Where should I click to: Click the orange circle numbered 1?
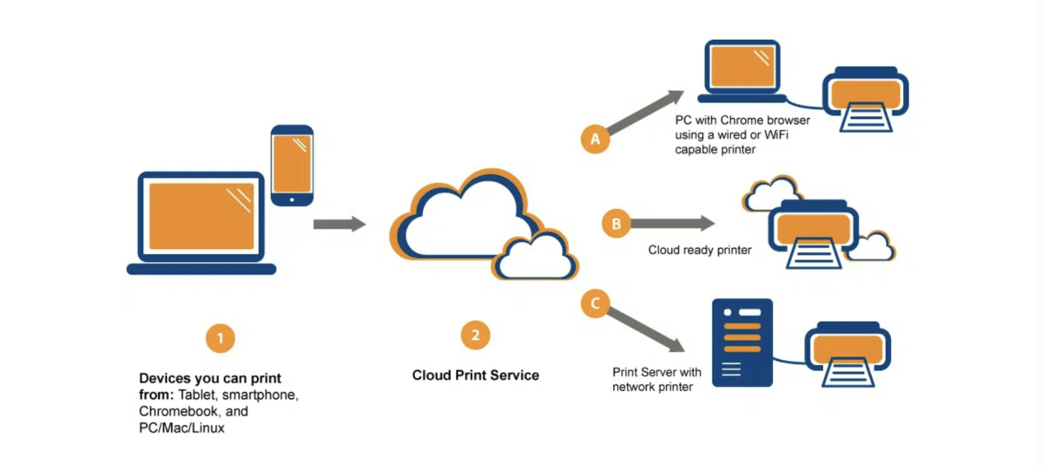(x=220, y=338)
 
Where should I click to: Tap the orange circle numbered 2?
(x=474, y=335)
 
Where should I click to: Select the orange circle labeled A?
(x=595, y=138)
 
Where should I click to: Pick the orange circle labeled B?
(x=617, y=224)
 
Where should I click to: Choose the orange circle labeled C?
(x=595, y=304)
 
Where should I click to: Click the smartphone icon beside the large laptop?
(x=292, y=166)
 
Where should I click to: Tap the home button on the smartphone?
(x=292, y=199)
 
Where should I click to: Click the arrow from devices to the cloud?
(x=339, y=224)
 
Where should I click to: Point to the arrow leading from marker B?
(x=672, y=224)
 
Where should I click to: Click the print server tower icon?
(x=741, y=343)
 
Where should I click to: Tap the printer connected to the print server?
(x=844, y=355)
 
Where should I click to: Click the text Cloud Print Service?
(x=475, y=375)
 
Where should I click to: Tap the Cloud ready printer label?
(x=700, y=251)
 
